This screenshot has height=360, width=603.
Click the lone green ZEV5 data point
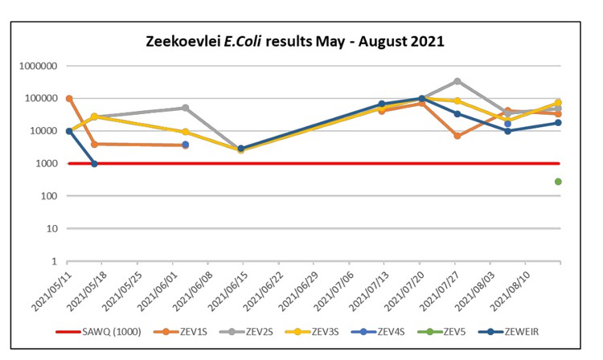point(558,182)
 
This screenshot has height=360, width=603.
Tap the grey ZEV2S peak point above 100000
point(457,81)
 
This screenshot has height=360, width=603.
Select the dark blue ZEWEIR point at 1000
point(94,164)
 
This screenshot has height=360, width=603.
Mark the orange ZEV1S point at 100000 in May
point(69,99)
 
